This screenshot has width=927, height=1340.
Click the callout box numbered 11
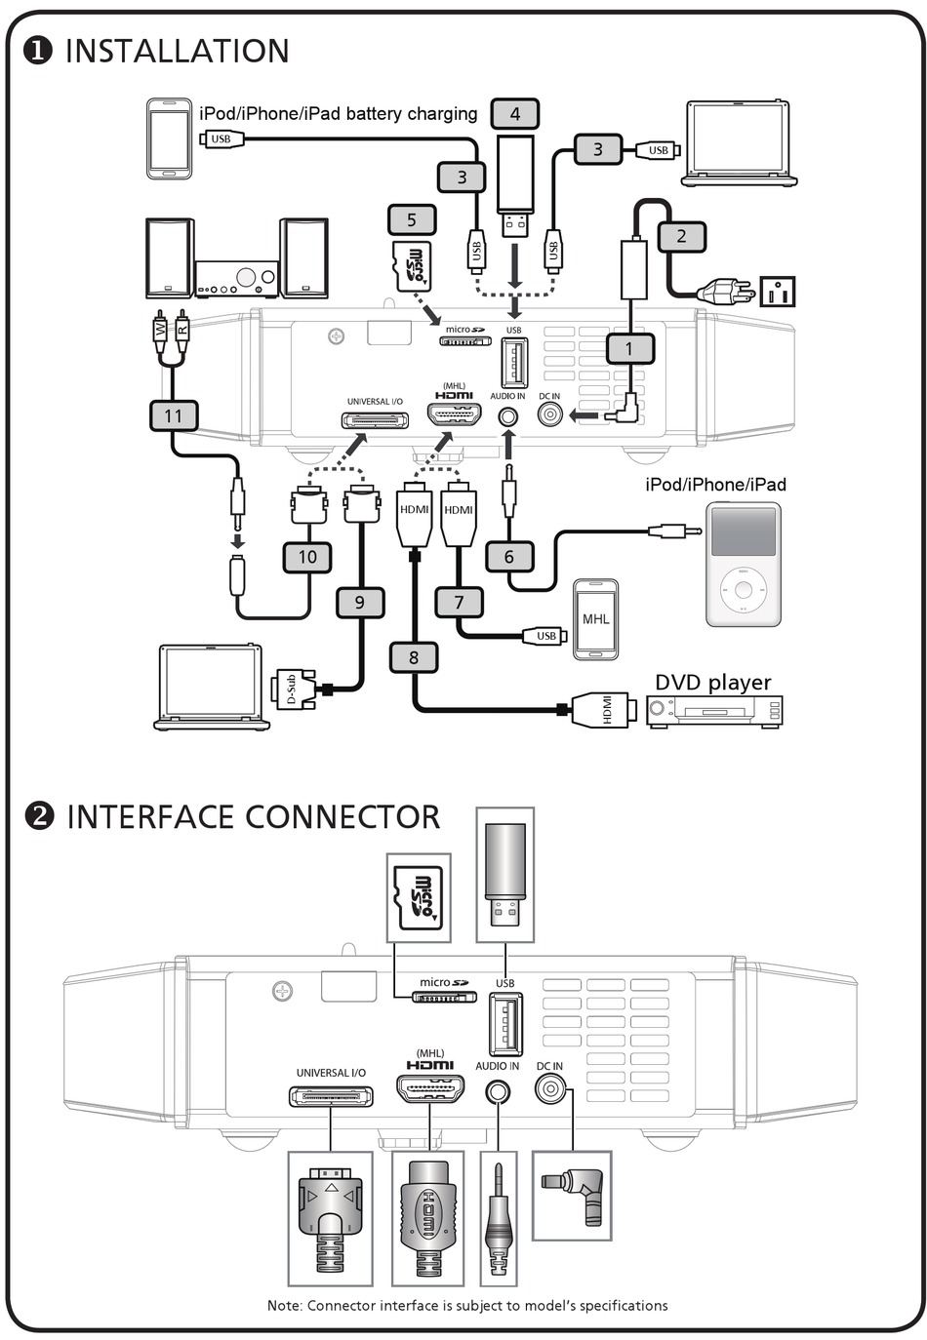[x=173, y=415]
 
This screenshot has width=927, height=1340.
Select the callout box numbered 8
[x=413, y=657]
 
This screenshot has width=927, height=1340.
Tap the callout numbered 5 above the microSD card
[x=412, y=219]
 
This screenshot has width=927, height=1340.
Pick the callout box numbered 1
[x=629, y=349]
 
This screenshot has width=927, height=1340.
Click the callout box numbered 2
[x=682, y=236]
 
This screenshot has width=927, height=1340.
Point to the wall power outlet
[x=777, y=292]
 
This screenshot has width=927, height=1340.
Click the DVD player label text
[x=712, y=682]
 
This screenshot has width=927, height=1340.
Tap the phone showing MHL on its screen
[x=595, y=619]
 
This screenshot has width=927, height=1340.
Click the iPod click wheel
[x=743, y=590]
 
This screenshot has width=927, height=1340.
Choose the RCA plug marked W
[x=160, y=332]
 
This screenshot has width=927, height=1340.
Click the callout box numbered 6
[x=508, y=556]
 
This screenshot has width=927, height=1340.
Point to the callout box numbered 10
[x=307, y=556]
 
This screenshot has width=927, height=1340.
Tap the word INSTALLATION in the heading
[x=178, y=51]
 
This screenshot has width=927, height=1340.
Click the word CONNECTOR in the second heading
[x=343, y=816]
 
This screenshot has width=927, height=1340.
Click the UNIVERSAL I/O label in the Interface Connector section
[x=331, y=1073]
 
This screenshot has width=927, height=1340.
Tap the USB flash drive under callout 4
[x=515, y=185]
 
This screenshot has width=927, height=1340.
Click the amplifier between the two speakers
[x=237, y=279]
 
